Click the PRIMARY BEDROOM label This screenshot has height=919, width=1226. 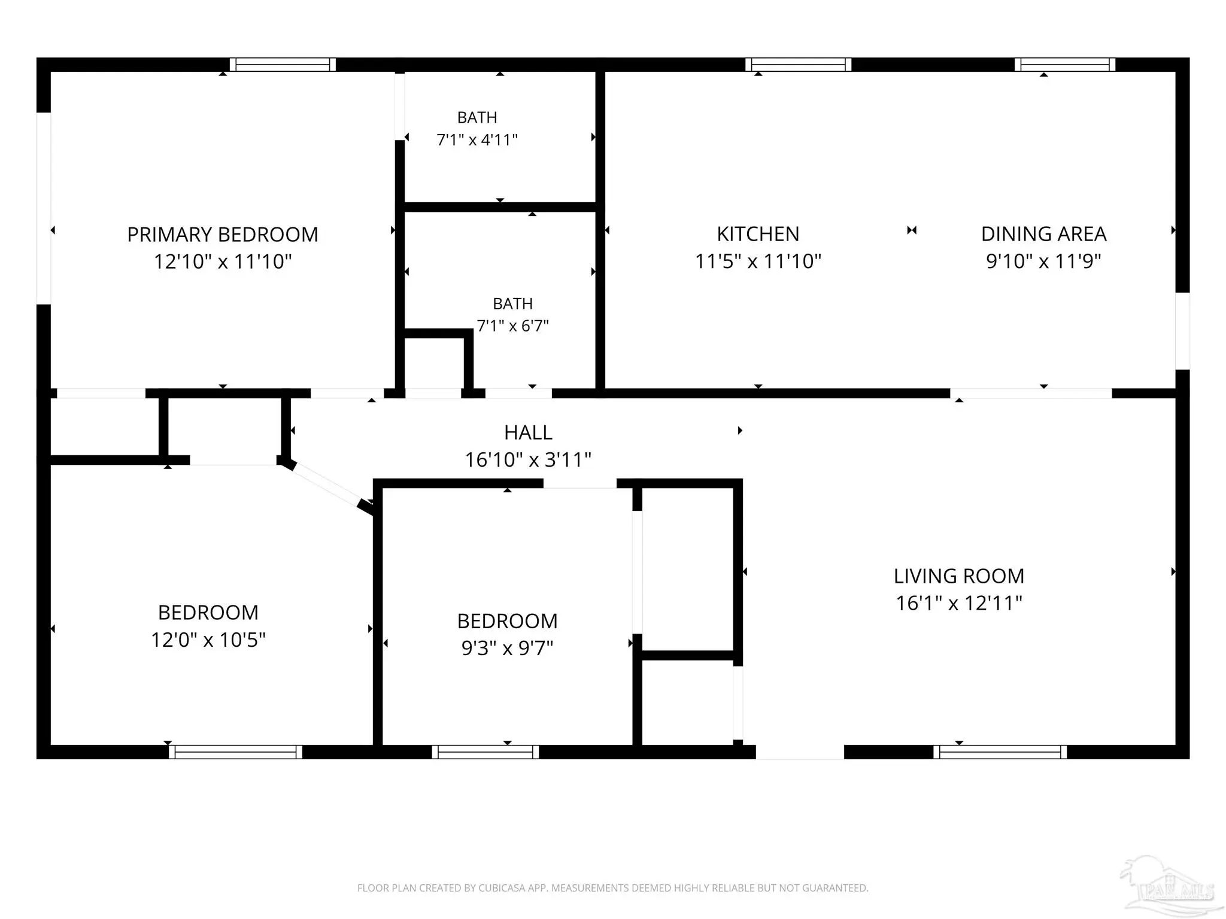click(223, 235)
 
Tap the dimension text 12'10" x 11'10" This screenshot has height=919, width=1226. click(223, 261)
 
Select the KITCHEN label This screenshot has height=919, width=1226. click(758, 234)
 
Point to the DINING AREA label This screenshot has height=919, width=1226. click(1043, 234)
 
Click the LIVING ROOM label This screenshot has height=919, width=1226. click(959, 576)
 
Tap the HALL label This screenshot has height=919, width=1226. click(528, 433)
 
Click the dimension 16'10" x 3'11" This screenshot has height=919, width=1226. click(528, 459)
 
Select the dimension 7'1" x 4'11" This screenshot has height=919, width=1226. click(477, 140)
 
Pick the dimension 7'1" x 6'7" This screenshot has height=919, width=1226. click(512, 326)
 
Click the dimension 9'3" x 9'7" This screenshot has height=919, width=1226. click(507, 648)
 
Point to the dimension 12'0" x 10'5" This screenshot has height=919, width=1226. click(208, 640)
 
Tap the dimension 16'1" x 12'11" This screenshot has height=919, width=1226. click(959, 602)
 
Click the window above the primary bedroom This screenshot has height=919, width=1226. click(283, 65)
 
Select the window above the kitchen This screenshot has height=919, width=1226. click(799, 65)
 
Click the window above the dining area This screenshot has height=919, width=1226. click(1065, 65)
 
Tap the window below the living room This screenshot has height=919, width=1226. click(1000, 752)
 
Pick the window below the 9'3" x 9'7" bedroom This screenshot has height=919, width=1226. click(485, 752)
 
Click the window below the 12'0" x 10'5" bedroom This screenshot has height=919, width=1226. click(235, 752)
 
